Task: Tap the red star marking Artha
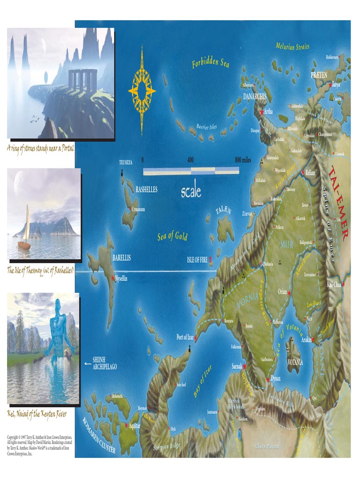coord(262,112)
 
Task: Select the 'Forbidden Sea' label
coord(210,63)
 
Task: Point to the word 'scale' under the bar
coord(191,191)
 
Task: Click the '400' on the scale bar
coord(190,160)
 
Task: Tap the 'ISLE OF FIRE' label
coord(197,259)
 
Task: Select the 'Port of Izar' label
coord(185,337)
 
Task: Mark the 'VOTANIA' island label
coord(295,362)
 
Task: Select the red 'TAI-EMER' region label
coord(339,202)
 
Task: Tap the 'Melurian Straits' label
coord(292,46)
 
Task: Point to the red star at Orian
coord(290,293)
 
